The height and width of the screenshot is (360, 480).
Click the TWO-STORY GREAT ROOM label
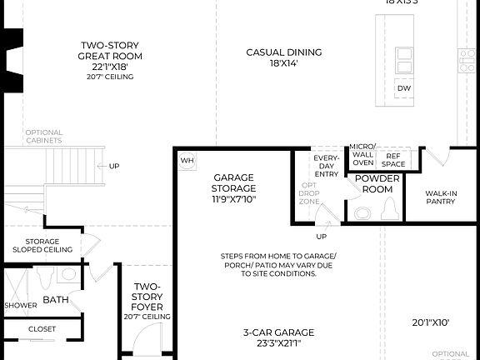tap(110, 51)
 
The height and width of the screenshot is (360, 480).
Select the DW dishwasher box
tap(404, 88)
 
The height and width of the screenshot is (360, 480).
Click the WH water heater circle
tap(187, 159)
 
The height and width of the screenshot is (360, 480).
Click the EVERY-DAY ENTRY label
tap(326, 164)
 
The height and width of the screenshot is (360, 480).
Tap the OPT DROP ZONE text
tap(308, 193)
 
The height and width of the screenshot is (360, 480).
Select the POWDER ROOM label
tap(377, 183)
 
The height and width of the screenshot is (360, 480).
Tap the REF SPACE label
tap(392, 159)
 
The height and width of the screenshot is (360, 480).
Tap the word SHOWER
tap(20, 306)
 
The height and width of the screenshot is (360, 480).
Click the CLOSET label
tap(42, 329)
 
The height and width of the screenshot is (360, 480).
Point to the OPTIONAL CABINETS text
tap(43, 137)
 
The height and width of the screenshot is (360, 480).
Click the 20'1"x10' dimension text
tap(431, 322)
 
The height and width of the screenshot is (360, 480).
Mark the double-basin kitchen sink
tap(404, 61)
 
